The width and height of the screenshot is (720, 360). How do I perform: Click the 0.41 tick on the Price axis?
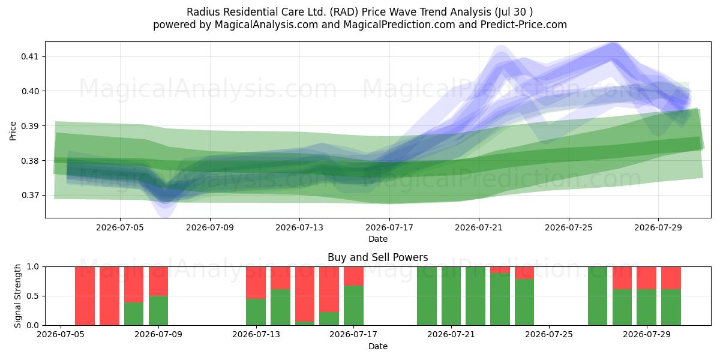pyautogui.click(x=29, y=56)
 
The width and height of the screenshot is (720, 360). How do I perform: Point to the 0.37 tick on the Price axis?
pyautogui.click(x=29, y=195)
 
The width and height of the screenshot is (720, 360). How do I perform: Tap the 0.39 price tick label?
pyautogui.click(x=29, y=126)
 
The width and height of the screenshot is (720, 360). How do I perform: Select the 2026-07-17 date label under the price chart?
pyautogui.click(x=389, y=227)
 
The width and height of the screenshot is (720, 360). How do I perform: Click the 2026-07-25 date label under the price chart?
pyautogui.click(x=569, y=227)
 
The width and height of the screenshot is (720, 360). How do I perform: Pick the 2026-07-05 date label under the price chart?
pyautogui.click(x=120, y=227)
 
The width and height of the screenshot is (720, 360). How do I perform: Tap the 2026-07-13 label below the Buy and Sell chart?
pyautogui.click(x=256, y=334)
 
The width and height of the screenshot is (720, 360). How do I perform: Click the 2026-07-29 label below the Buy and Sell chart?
pyautogui.click(x=647, y=334)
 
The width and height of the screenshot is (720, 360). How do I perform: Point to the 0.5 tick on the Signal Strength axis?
pyautogui.click(x=34, y=296)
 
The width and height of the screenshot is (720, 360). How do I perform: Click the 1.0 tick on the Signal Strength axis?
pyautogui.click(x=34, y=266)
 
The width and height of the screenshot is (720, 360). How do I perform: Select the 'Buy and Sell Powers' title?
pyautogui.click(x=377, y=257)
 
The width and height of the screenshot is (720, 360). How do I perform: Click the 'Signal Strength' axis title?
pyautogui.click(x=17, y=296)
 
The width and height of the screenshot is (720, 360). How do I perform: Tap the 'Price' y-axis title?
pyautogui.click(x=13, y=131)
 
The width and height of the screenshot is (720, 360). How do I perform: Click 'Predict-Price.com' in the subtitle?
pyautogui.click(x=524, y=25)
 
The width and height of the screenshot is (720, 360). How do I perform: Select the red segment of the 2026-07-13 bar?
pyautogui.click(x=256, y=283)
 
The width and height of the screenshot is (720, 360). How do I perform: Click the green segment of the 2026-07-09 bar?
pyautogui.click(x=158, y=311)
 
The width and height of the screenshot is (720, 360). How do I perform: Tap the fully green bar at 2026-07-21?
pyautogui.click(x=451, y=296)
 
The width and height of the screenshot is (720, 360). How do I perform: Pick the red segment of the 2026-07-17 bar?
pyautogui.click(x=353, y=276)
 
